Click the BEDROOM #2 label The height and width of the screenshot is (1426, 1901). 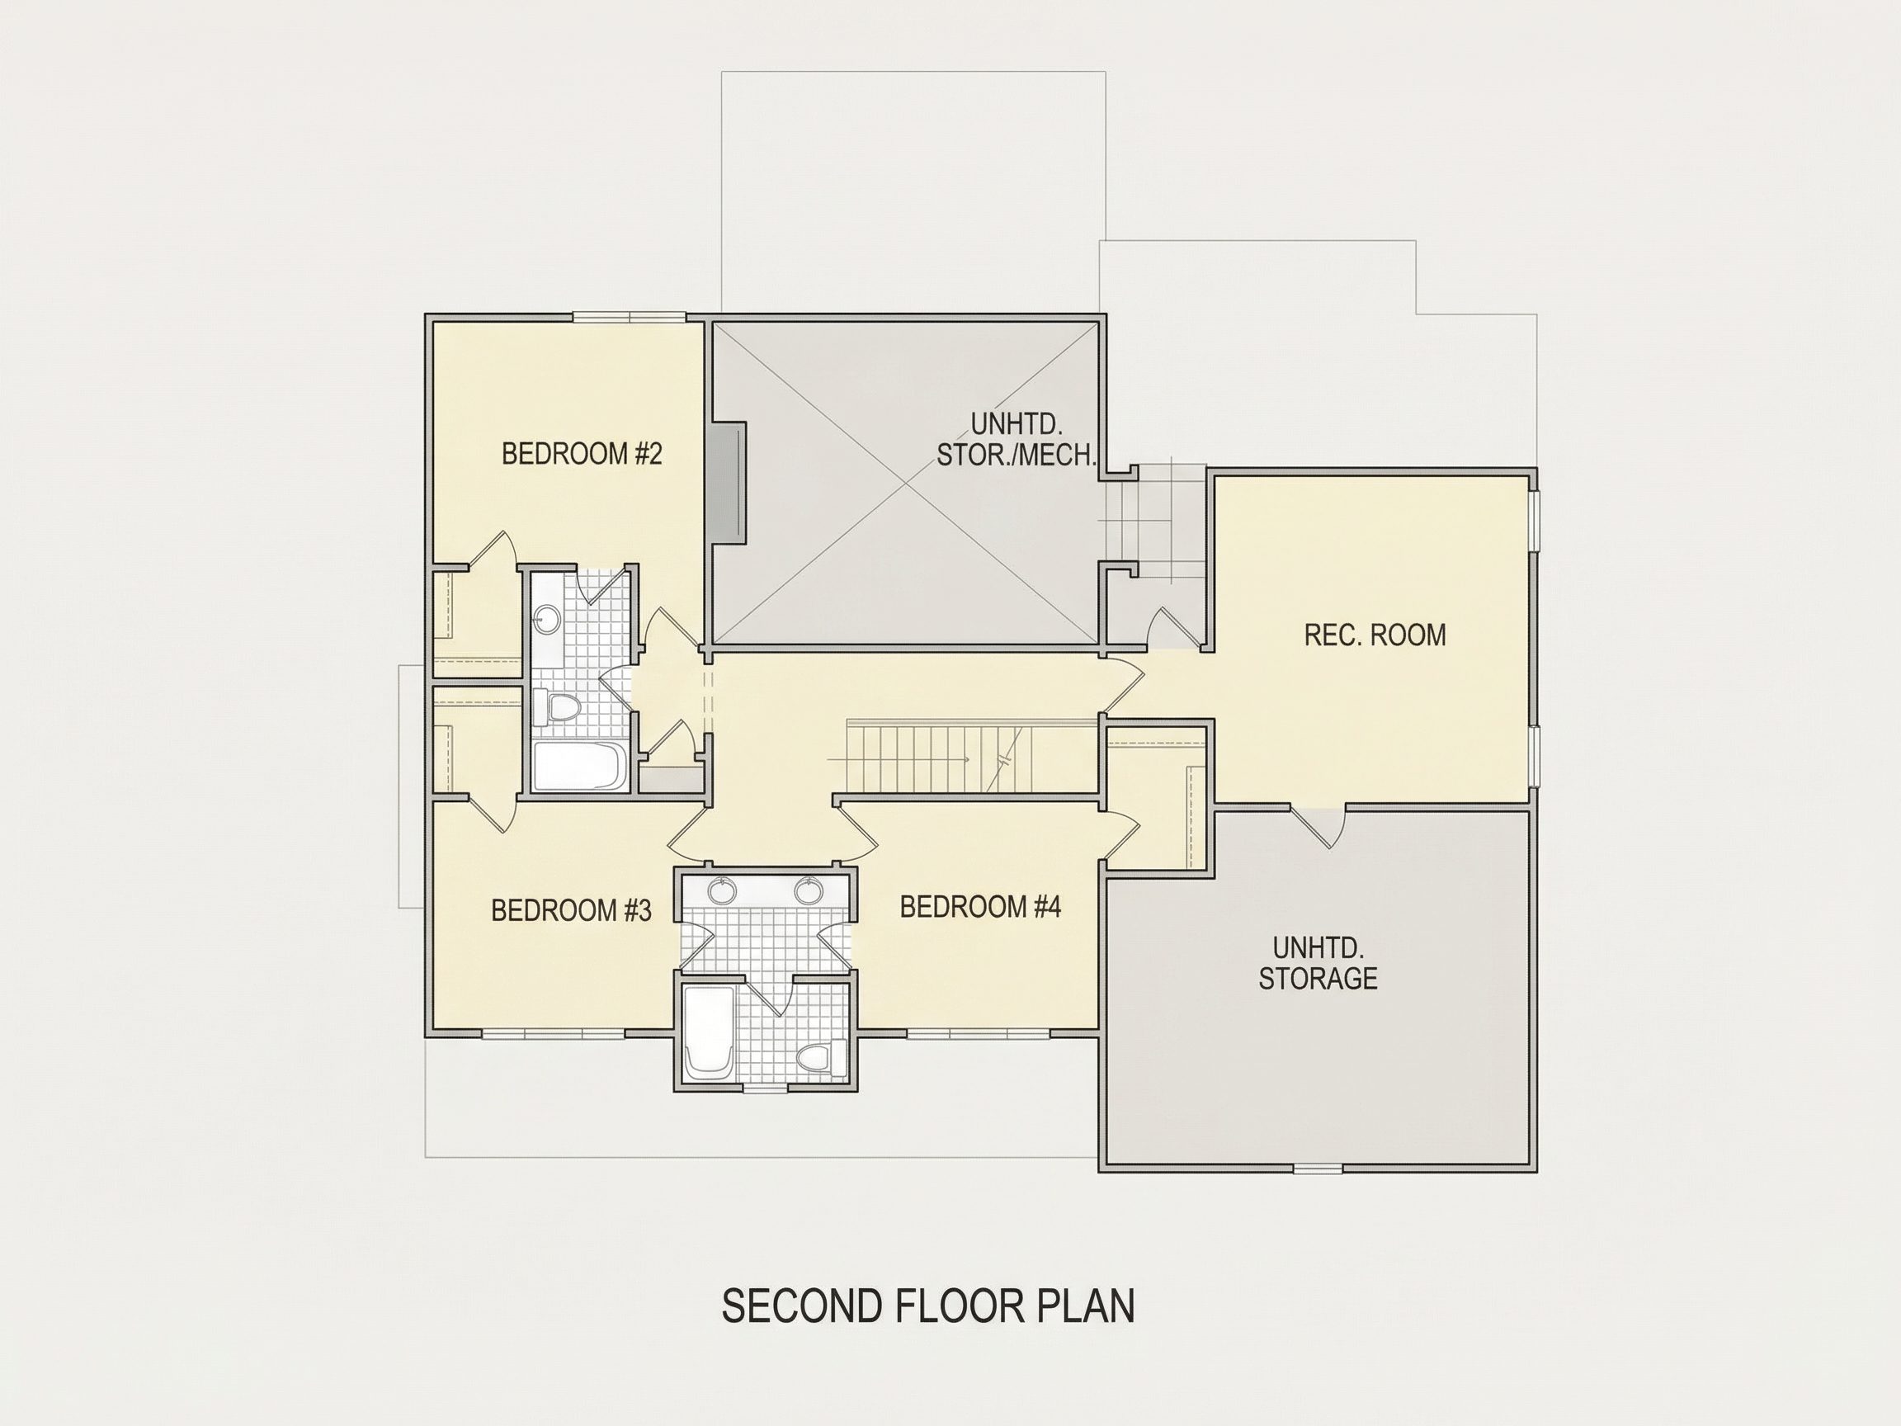[x=582, y=453]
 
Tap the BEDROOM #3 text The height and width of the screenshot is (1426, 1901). [x=572, y=909]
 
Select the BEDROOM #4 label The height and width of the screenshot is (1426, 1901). [x=980, y=906]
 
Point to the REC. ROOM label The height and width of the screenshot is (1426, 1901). [x=1375, y=635]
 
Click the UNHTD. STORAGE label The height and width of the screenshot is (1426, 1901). [x=1318, y=963]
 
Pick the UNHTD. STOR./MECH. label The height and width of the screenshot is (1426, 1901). [x=1017, y=438]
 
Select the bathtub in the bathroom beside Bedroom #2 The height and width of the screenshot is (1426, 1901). [x=579, y=766]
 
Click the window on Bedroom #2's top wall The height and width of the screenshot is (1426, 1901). [x=630, y=316]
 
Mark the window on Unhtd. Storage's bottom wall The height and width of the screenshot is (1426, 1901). [x=1318, y=1169]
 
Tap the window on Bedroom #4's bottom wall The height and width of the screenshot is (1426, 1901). [x=978, y=1032]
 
